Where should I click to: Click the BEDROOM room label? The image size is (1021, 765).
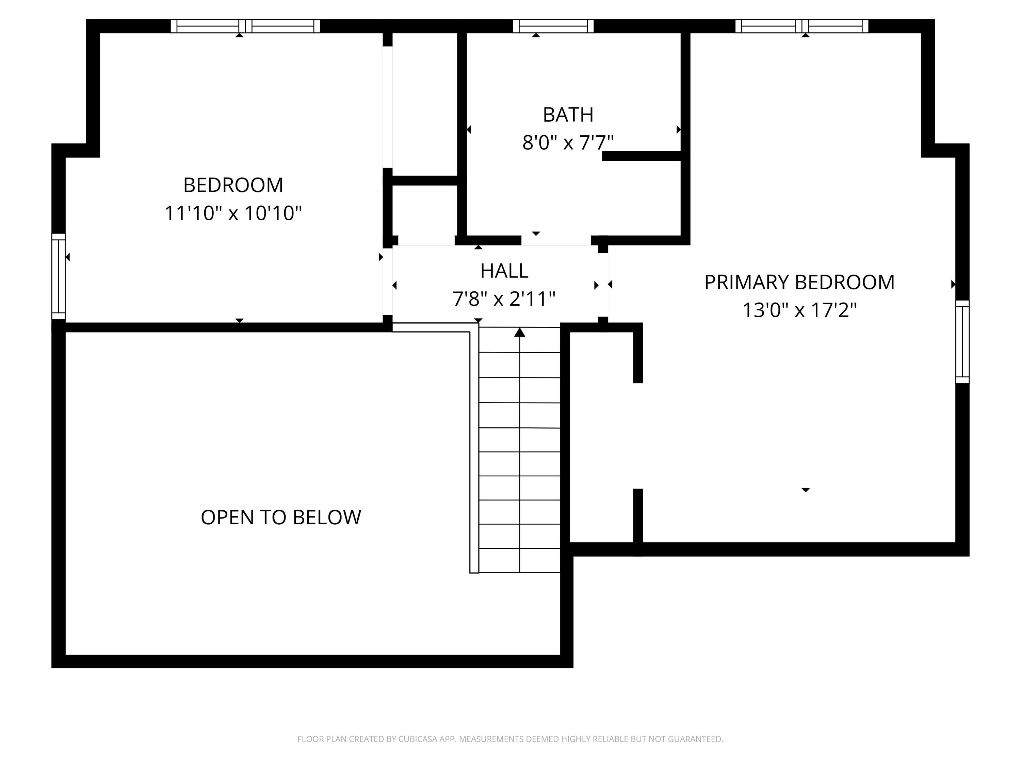[x=233, y=185]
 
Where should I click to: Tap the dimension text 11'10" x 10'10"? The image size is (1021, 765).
[x=233, y=214]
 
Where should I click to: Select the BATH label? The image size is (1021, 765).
[x=568, y=115]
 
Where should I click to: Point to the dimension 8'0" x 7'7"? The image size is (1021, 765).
[x=568, y=142]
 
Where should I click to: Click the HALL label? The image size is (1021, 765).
[x=504, y=271]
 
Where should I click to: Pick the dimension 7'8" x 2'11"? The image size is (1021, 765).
[x=504, y=299]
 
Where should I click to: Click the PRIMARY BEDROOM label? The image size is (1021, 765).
[x=799, y=282]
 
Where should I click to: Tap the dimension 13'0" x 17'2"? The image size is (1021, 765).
[x=799, y=310]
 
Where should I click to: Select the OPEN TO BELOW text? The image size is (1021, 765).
[x=281, y=517]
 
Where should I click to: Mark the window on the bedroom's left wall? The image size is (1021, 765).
[x=59, y=276]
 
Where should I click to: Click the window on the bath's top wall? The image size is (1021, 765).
[x=553, y=26]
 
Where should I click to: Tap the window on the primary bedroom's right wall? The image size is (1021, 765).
[x=962, y=342]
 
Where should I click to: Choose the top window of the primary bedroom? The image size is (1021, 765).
[x=802, y=26]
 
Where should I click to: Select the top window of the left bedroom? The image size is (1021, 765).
[x=245, y=26]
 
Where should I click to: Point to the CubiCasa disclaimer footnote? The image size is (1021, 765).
[x=510, y=739]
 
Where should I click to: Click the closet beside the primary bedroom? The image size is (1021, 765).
[x=601, y=436]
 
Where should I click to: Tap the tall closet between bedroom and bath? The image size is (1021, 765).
[x=425, y=104]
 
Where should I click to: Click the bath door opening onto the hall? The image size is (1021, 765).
[x=556, y=241]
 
